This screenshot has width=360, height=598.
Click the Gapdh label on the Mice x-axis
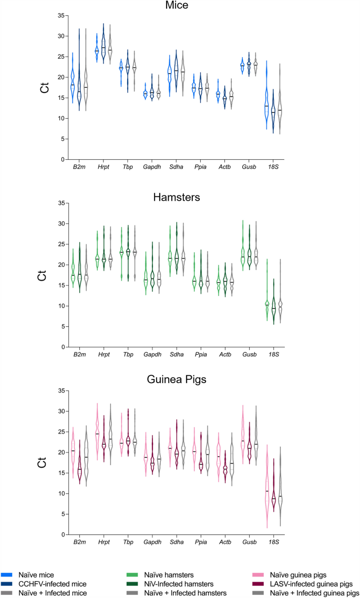pyautogui.click(x=152, y=168)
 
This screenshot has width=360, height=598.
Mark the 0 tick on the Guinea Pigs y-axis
pyautogui.click(x=63, y=534)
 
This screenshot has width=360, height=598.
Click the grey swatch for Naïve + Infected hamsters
pyautogui.click(x=133, y=593)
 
